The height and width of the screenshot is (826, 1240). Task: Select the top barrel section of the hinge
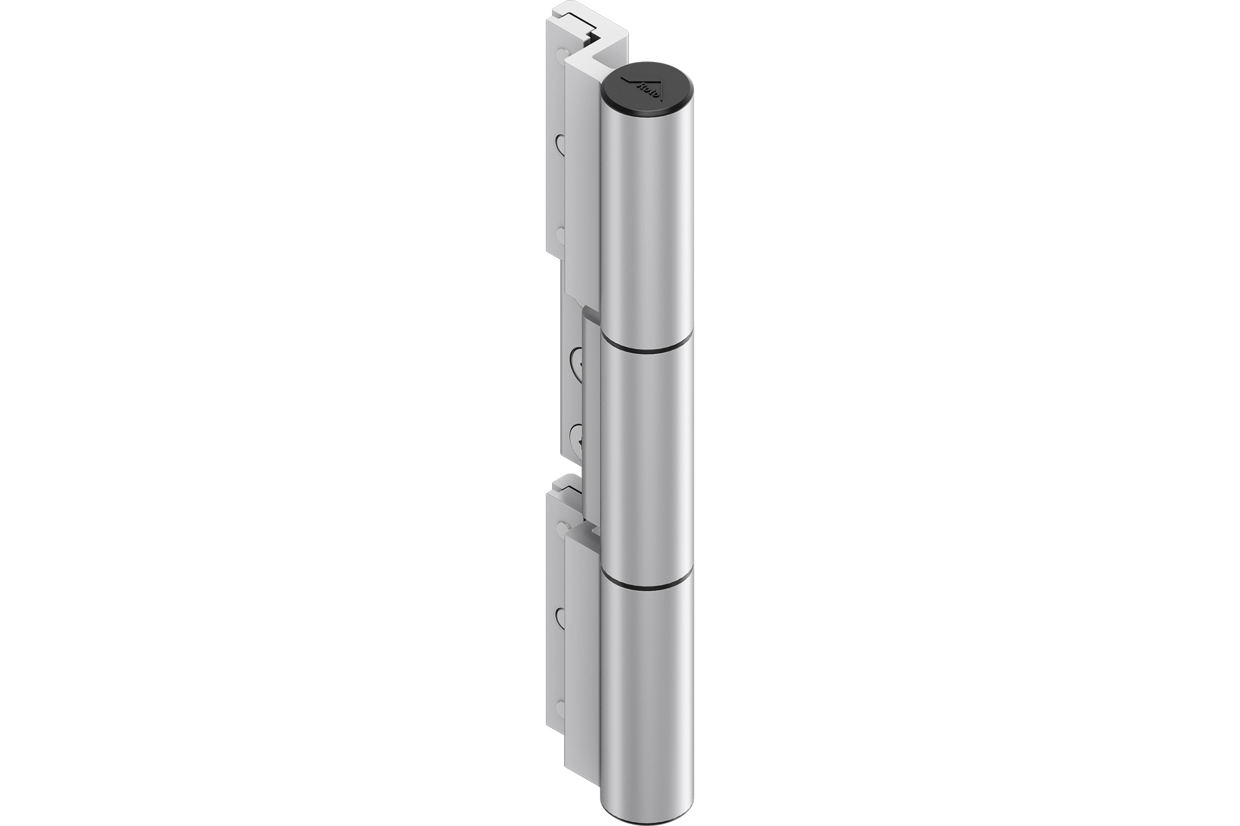[647, 224]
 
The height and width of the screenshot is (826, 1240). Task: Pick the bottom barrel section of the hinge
[647, 696]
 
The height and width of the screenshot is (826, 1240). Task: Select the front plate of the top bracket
[582, 189]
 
